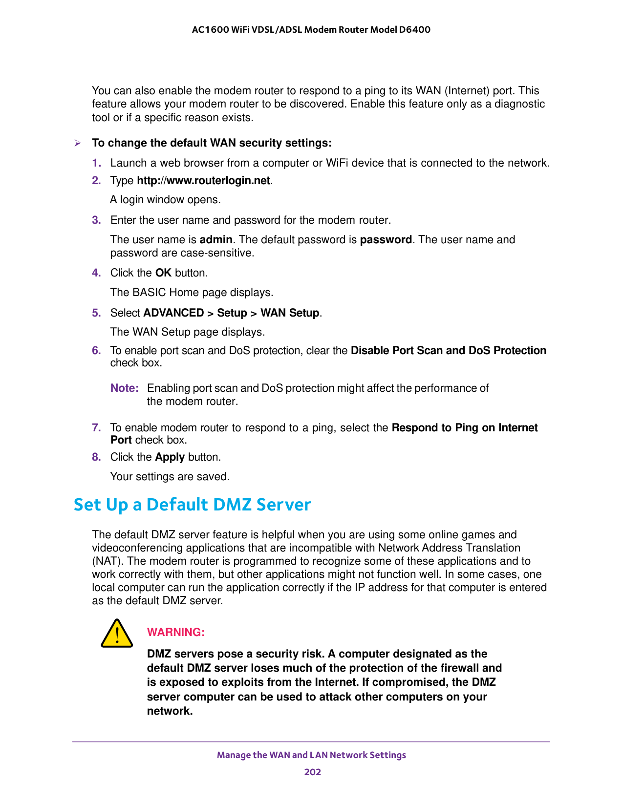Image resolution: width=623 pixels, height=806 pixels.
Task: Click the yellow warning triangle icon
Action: (117, 634)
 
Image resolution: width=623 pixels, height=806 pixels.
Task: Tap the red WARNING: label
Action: (175, 632)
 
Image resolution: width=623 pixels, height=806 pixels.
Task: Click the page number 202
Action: (312, 772)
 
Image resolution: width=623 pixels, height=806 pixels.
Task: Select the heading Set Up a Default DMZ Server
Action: (192, 505)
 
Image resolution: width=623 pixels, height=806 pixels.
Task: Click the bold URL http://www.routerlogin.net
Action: (203, 181)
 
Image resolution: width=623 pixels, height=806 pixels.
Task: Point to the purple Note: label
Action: (125, 388)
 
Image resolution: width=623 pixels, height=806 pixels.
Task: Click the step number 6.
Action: (96, 350)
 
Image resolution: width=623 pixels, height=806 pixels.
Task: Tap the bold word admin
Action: (216, 240)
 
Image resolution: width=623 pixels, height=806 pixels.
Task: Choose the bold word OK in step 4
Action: (163, 273)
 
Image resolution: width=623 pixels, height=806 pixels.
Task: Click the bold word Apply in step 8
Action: (170, 457)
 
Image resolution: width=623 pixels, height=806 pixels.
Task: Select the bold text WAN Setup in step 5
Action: (290, 313)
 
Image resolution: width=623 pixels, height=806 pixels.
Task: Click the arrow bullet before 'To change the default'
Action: (77, 143)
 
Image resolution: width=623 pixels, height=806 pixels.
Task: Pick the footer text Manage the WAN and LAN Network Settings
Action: (311, 755)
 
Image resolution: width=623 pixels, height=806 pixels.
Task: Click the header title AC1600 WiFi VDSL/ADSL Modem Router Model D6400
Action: (311, 29)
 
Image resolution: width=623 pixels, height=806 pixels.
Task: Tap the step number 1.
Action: (96, 163)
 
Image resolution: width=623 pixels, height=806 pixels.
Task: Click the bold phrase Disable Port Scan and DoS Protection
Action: (448, 350)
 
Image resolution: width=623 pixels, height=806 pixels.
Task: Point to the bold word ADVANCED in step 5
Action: (173, 313)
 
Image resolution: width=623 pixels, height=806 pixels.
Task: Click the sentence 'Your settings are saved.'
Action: (170, 476)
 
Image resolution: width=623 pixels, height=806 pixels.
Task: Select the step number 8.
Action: (96, 457)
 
